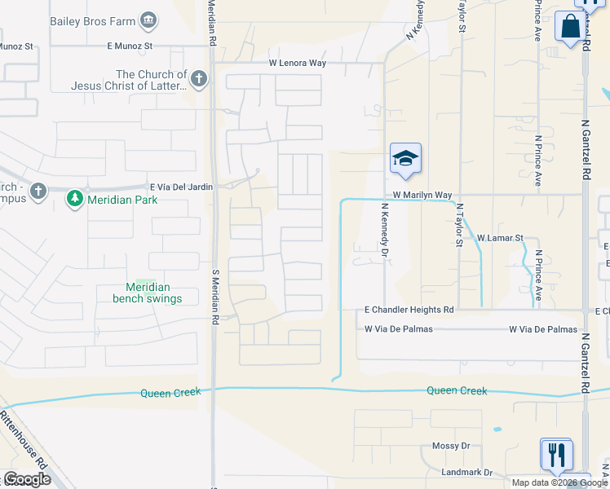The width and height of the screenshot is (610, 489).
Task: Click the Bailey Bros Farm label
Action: [93, 20]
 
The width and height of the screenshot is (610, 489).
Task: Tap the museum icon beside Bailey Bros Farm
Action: [148, 20]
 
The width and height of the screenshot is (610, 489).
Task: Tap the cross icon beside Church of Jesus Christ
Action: [199, 79]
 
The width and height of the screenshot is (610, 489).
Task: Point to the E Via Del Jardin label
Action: [181, 187]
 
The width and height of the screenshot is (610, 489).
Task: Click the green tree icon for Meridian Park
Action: [75, 197]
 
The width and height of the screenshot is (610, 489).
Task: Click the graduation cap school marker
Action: [405, 159]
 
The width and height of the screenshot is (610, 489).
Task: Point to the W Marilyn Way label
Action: [422, 196]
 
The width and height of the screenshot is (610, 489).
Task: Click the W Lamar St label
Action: [498, 237]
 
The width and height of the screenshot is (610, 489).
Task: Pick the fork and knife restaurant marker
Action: [556, 453]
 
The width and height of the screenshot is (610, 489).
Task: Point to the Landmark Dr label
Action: [466, 473]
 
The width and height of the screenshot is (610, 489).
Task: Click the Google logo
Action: [26, 479]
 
